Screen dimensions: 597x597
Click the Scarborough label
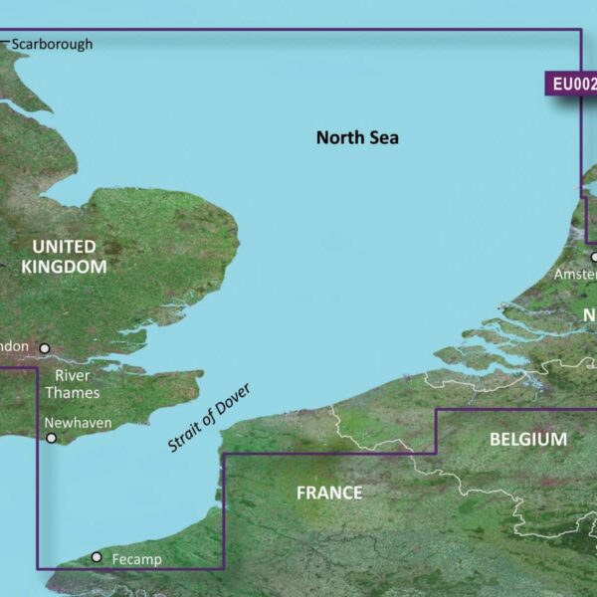pos(51,44)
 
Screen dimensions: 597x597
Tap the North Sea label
pos(357,137)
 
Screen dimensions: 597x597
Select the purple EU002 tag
pos(572,84)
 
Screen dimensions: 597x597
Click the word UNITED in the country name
pos(64,246)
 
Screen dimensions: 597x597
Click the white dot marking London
pos(45,348)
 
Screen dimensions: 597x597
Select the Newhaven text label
pos(79,423)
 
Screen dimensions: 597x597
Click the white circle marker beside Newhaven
pos(51,437)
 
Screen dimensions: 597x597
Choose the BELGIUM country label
pos(528,439)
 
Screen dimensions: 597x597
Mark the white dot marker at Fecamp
pos(97,557)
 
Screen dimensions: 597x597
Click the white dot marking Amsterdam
pos(594,257)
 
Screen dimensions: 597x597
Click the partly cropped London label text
pos(17,347)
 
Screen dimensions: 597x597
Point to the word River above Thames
pos(73,375)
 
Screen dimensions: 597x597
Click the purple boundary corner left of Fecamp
pos(38,569)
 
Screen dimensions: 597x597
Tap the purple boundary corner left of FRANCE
pos(223,455)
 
